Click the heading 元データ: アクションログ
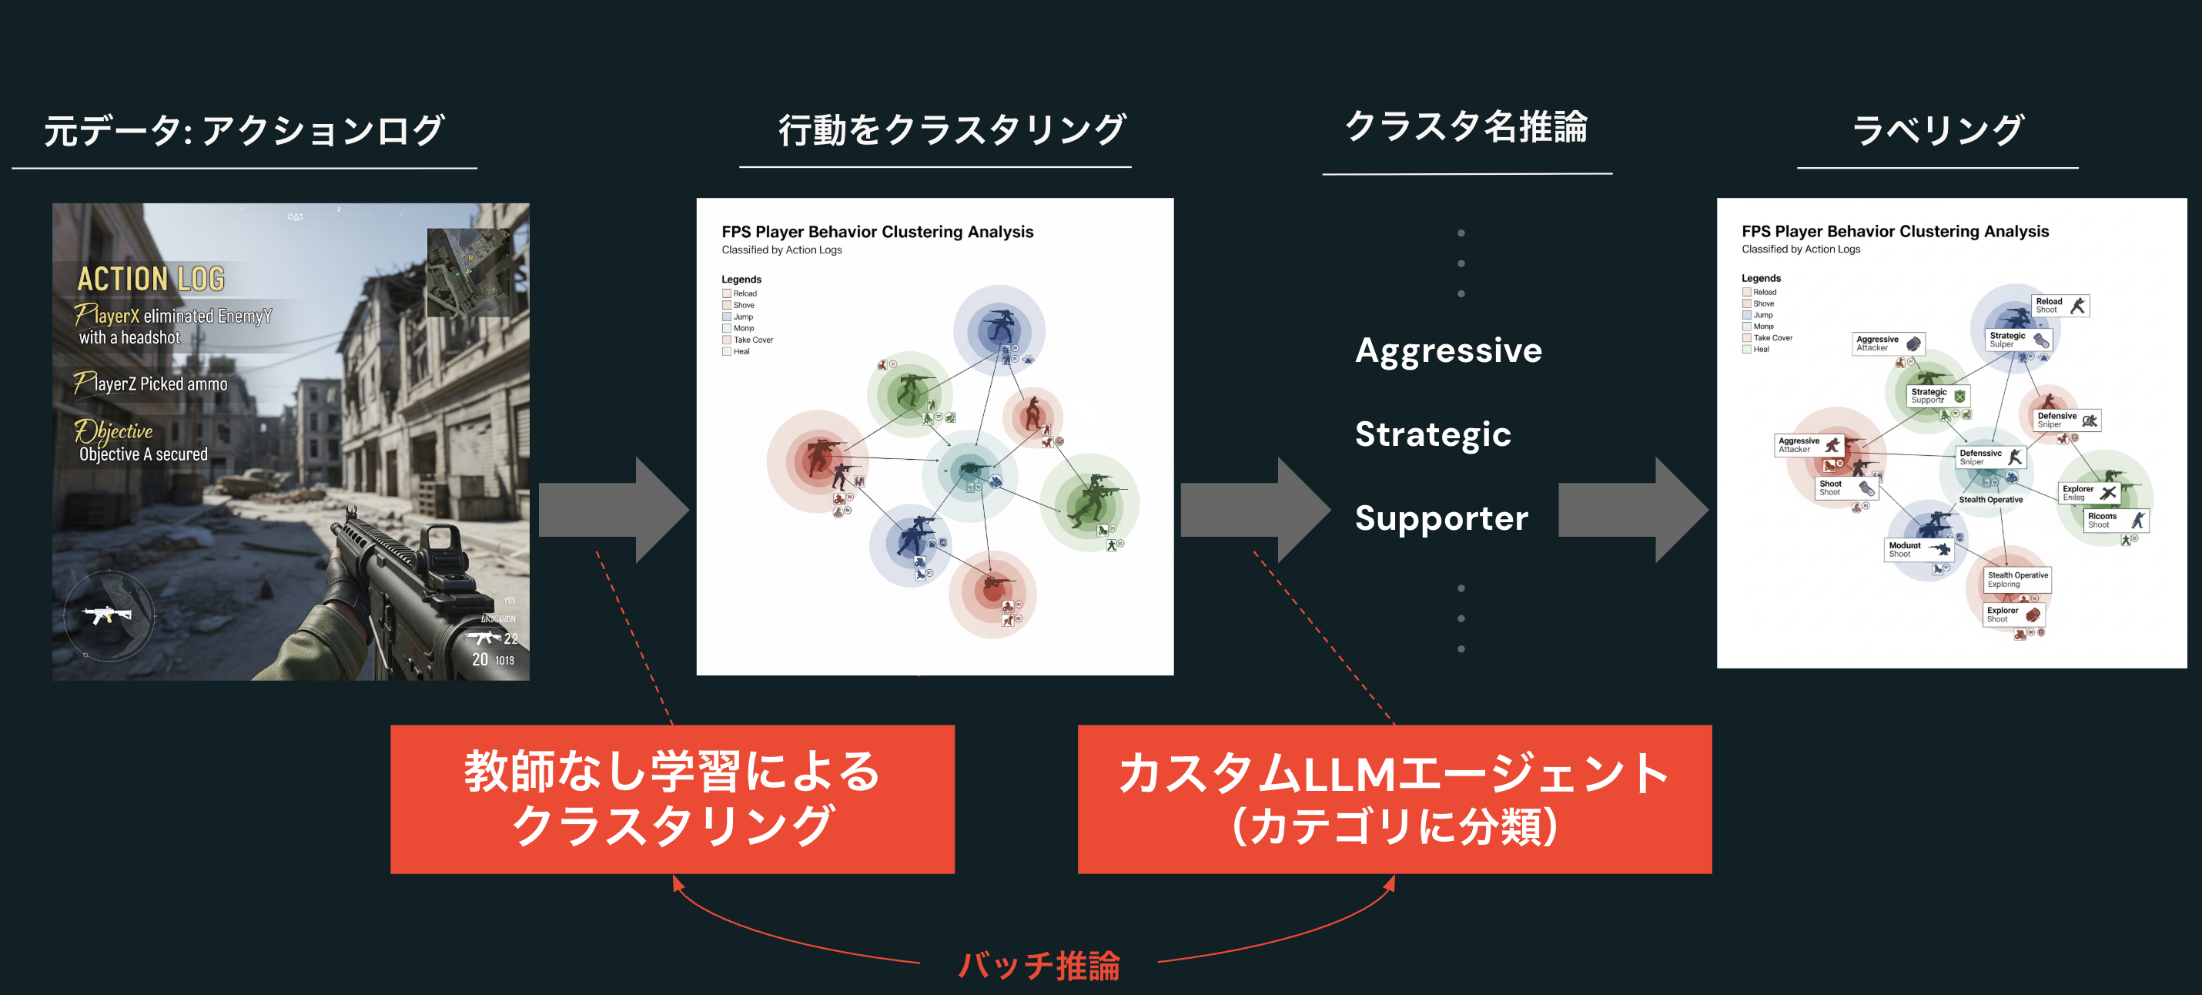(x=243, y=130)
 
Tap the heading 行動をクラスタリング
(x=952, y=129)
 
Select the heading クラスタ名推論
(x=1466, y=126)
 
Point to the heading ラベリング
(x=1937, y=130)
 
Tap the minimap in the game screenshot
(x=468, y=272)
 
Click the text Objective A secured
(x=144, y=454)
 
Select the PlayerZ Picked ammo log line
(x=152, y=384)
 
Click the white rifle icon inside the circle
(x=107, y=615)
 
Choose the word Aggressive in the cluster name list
(x=1448, y=350)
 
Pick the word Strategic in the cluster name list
(x=1433, y=434)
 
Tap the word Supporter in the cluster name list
(x=1441, y=518)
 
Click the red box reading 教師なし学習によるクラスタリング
(x=672, y=799)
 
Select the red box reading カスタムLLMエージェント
(x=1394, y=799)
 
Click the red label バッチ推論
(x=1039, y=965)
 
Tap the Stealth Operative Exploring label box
(x=2016, y=580)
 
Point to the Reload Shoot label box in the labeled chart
(x=2060, y=305)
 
